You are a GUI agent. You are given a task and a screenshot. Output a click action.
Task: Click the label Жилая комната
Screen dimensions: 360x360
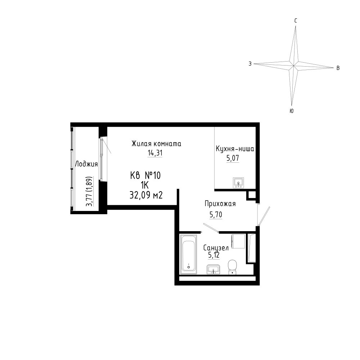156,144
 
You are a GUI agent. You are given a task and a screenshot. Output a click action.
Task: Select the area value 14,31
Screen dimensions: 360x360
155,153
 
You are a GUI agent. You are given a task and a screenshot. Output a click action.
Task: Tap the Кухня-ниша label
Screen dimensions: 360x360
235,149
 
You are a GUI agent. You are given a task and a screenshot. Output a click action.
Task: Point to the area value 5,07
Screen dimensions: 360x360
233,158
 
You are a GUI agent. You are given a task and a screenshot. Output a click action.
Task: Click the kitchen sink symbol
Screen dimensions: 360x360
238,183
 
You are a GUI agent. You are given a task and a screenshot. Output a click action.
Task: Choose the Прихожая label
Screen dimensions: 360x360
220,204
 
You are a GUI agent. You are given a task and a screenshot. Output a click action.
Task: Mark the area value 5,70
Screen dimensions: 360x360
216,215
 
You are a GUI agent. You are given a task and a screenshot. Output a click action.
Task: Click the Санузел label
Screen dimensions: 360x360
216,248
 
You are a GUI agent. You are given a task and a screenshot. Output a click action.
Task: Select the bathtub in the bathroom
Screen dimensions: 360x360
189,254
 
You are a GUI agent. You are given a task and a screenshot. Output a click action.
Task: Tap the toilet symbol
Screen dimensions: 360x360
233,267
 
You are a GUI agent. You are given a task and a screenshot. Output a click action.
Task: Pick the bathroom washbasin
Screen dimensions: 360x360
213,269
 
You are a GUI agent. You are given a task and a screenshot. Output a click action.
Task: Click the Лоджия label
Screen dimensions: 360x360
86,165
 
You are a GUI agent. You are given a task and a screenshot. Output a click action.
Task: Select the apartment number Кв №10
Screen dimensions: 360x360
145,176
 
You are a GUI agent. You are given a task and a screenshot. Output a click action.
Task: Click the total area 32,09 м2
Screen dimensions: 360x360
146,195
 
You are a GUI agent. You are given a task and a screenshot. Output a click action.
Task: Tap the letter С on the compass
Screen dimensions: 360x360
296,21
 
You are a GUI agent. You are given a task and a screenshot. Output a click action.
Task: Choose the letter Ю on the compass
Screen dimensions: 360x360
292,111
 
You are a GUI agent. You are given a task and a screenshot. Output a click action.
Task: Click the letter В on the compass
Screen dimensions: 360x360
338,68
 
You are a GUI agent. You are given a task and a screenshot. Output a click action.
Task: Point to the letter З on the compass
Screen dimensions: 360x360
250,64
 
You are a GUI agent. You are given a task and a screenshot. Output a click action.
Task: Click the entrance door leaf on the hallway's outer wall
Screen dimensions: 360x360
264,216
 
